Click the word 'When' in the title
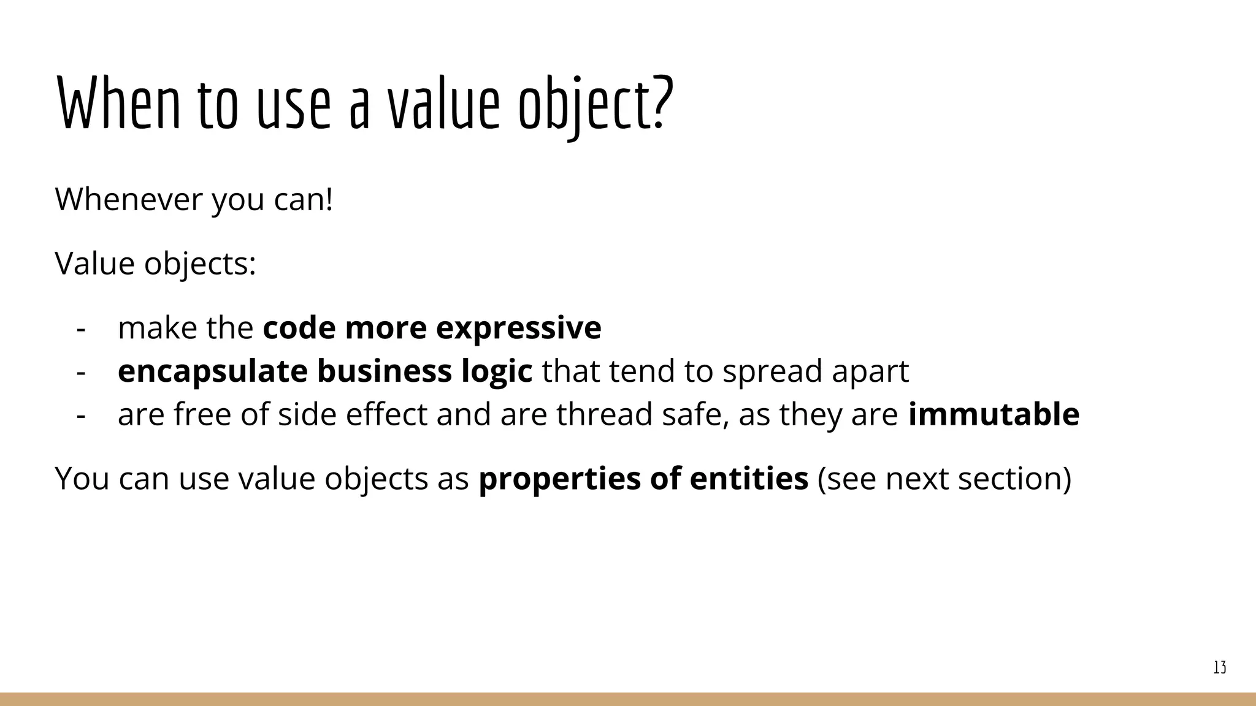click(x=119, y=103)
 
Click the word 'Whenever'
click(x=129, y=199)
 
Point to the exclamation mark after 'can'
click(x=329, y=199)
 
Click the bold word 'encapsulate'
click(x=212, y=371)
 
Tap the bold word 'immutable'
click(x=994, y=414)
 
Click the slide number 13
click(x=1219, y=667)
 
